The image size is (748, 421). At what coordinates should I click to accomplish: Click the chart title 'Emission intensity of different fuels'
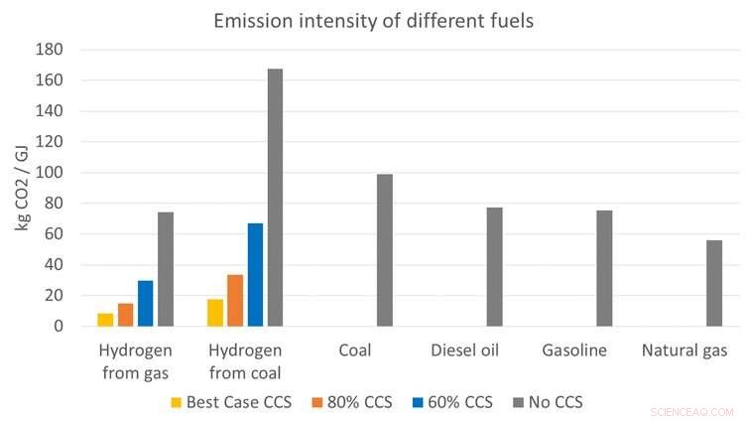pos(373,19)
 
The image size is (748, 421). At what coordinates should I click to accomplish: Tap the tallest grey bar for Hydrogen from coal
pos(275,198)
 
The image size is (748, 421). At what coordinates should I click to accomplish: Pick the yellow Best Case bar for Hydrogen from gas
pos(105,320)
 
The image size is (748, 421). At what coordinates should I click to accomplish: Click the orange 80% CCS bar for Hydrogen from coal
pos(235,300)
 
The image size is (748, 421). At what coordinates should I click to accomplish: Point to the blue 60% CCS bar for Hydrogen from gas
pos(146,303)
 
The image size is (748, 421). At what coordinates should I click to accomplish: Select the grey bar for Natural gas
pos(714,283)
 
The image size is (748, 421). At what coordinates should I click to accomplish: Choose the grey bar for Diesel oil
pos(494,267)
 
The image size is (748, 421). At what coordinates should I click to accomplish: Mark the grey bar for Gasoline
pos(604,268)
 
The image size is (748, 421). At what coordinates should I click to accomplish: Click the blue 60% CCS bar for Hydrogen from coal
pos(255,275)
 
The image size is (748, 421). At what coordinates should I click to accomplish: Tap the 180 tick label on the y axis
pos(49,50)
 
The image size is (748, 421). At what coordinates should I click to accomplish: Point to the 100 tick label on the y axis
pos(49,173)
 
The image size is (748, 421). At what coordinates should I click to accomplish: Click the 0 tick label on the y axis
pos(58,327)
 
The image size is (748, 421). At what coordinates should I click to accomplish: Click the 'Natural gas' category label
pos(685,351)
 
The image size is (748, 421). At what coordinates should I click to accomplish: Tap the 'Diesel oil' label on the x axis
pos(464,351)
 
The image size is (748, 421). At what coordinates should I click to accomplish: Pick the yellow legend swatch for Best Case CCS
pos(177,403)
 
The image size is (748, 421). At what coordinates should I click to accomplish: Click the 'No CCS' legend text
pos(557,403)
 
